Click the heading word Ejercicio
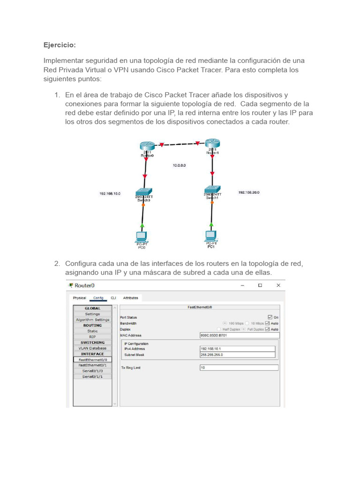(60, 45)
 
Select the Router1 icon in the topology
(213, 143)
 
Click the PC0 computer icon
(142, 236)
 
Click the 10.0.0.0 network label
(180, 165)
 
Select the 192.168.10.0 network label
(110, 193)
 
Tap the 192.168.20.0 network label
(249, 192)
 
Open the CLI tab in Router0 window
(113, 298)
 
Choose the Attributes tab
(130, 298)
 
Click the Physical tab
(79, 298)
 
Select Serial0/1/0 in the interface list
(92, 371)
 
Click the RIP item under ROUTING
(92, 337)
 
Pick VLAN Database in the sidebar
(92, 348)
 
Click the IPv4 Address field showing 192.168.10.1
(237, 349)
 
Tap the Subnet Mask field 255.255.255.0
(237, 355)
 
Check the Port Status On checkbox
(270, 317)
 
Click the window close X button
(278, 285)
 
